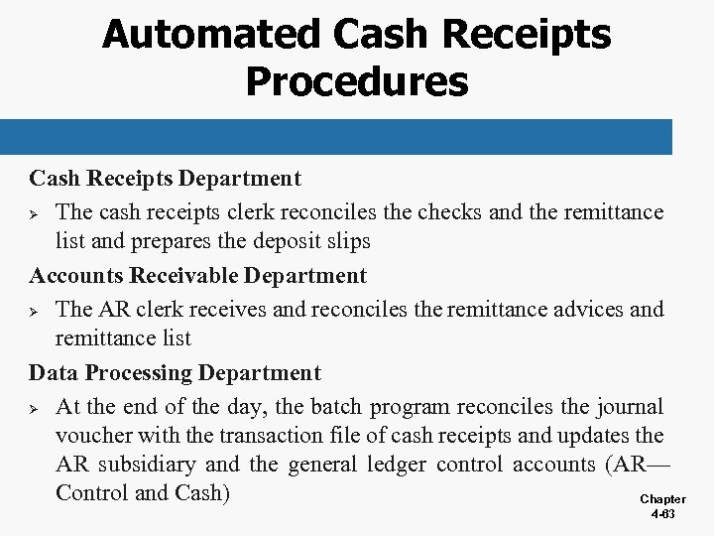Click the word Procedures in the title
click(356, 80)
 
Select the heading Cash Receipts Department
click(165, 179)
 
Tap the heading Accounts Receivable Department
click(197, 275)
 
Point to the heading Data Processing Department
click(175, 373)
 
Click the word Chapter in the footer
click(661, 499)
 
